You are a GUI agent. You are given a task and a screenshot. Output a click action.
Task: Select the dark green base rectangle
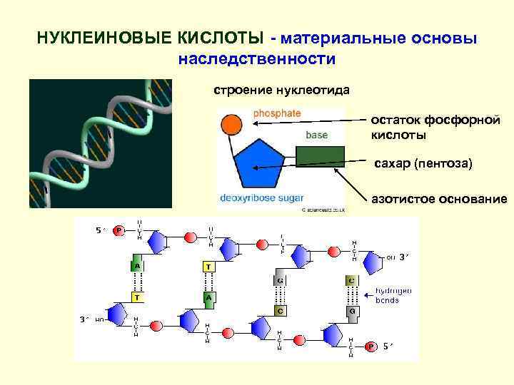321,156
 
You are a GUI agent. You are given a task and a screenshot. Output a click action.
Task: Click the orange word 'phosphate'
277,113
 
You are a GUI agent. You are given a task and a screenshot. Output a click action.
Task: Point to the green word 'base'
317,134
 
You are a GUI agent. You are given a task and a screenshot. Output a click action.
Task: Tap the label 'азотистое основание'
439,199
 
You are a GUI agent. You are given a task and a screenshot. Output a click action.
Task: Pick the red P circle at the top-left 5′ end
119,230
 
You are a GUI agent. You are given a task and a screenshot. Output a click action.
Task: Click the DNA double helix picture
100,143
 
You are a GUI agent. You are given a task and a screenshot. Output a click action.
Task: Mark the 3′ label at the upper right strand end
403,257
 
